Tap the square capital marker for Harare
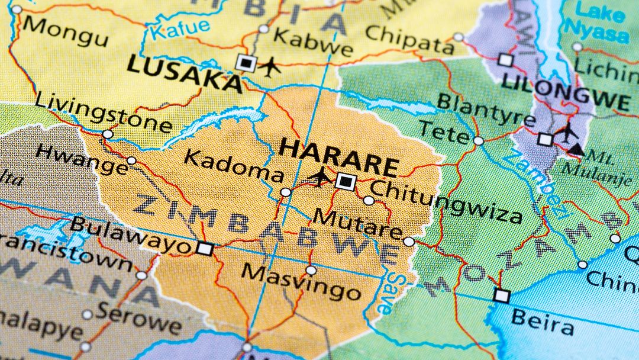pyautogui.click(x=345, y=181)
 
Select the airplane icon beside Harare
pyautogui.click(x=320, y=176)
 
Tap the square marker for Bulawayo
pyautogui.click(x=205, y=249)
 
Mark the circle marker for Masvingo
pyautogui.click(x=311, y=271)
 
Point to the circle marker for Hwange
pyautogui.click(x=131, y=160)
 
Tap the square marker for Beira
pyautogui.click(x=502, y=295)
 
